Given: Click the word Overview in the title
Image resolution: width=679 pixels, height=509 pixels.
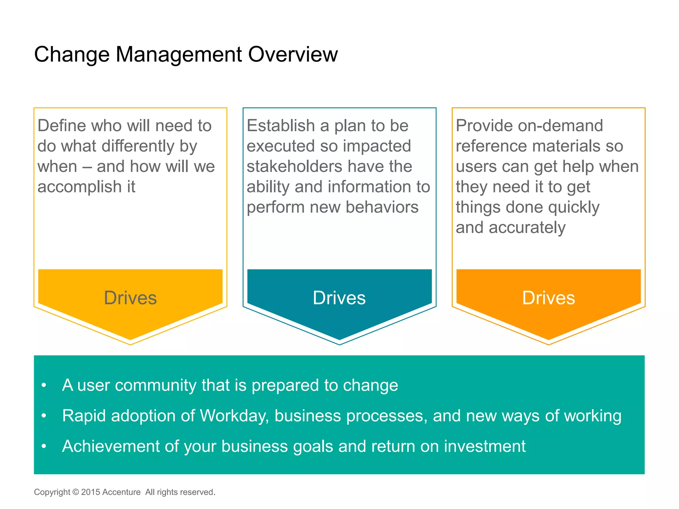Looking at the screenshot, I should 293,54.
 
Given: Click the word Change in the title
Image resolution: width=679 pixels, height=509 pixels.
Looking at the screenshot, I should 72,54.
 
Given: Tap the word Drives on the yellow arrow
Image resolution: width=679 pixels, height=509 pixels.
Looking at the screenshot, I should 130,298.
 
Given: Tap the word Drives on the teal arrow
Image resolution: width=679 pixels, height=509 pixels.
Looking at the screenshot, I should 339,298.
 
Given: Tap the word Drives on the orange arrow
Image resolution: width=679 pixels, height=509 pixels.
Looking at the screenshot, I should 548,298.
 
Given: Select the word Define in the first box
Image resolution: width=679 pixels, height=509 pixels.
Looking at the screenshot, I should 62,126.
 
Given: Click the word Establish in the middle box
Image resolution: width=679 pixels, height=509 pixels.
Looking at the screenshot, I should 280,126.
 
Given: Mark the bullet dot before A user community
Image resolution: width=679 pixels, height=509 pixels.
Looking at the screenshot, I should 44,385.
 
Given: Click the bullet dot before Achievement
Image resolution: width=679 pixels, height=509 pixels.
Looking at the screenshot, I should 44,446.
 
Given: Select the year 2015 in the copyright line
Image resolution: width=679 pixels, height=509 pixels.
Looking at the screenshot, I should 91,492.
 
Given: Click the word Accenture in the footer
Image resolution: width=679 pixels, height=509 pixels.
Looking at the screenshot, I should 121,492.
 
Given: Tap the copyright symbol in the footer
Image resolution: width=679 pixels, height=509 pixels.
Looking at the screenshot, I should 76,492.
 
